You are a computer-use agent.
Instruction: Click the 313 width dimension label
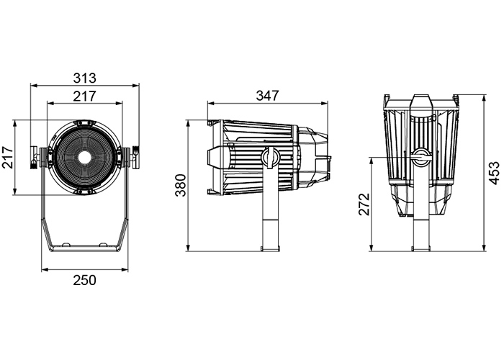coord(84,78)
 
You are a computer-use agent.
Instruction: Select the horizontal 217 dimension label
coord(84,96)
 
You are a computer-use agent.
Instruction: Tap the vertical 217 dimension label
coord(8,157)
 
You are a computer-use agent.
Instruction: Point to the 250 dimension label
coord(84,280)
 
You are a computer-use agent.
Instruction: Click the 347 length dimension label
coord(267,96)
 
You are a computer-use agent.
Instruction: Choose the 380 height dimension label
coord(181,186)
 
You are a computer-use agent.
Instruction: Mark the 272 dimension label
coord(364,204)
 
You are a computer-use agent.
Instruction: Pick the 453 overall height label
coord(495,173)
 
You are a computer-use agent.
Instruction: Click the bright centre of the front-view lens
coord(85,157)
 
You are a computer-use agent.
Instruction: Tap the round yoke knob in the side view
coord(269,156)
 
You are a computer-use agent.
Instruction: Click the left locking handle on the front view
coord(33,157)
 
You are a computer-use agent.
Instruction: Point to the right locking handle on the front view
coord(136,157)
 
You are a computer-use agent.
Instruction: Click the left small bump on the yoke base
coord(66,245)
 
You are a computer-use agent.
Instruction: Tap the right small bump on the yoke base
coord(103,245)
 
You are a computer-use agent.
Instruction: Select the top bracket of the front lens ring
coord(85,123)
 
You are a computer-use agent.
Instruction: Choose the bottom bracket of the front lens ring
coord(85,192)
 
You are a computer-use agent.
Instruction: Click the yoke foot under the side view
coord(270,248)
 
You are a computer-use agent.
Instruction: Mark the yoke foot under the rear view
coord(420,248)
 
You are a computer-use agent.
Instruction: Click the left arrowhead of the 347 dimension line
coord(210,104)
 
